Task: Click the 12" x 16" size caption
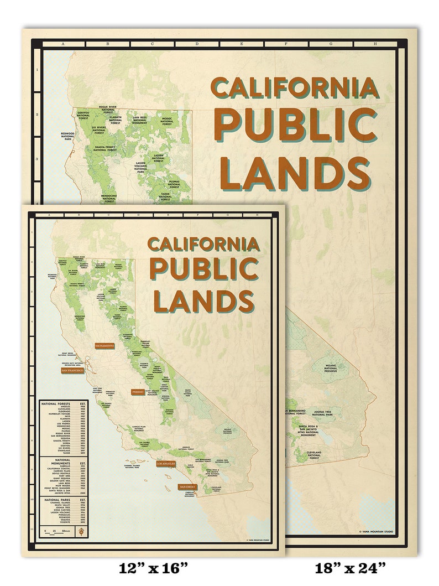[x=154, y=568]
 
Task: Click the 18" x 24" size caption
[x=350, y=568]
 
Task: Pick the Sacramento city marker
[x=104, y=346]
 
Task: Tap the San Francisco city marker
[x=72, y=370]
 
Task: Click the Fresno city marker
[x=138, y=391]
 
